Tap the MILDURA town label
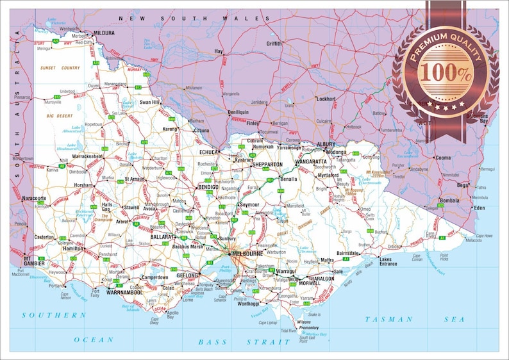click(x=103, y=33)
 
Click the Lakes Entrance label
click(x=388, y=261)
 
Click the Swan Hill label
click(x=149, y=102)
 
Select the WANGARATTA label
click(x=310, y=162)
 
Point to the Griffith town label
click(x=274, y=44)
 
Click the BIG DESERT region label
click(x=60, y=115)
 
